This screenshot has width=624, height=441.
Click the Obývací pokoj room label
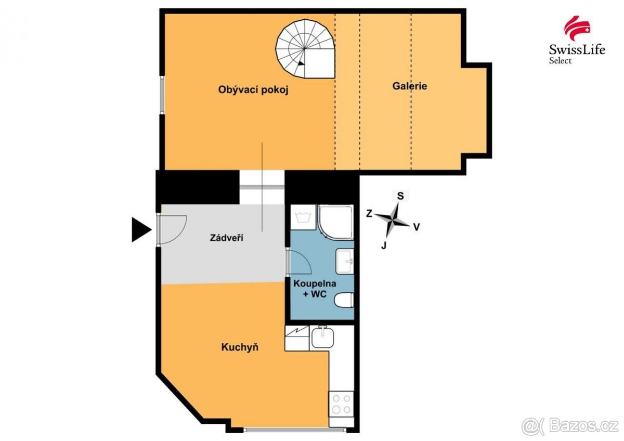pyautogui.click(x=253, y=89)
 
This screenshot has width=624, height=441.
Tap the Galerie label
pyautogui.click(x=409, y=86)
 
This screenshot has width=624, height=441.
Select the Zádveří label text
pyautogui.click(x=227, y=238)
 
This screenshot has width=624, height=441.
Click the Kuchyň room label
pyautogui.click(x=240, y=347)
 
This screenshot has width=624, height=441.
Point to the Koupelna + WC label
pyautogui.click(x=315, y=289)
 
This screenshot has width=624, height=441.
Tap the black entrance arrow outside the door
pyautogui.click(x=140, y=230)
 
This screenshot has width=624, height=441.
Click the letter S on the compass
pyautogui.click(x=400, y=196)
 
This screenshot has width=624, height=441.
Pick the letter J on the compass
pyautogui.click(x=384, y=245)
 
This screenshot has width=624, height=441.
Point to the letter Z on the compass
pyautogui.click(x=369, y=213)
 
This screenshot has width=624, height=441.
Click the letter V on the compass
pyautogui.click(x=416, y=227)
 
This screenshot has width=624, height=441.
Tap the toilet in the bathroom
pyautogui.click(x=345, y=300)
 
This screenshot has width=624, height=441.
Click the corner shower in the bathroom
pyautogui.click(x=336, y=222)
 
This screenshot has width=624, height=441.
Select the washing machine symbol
pyautogui.click(x=301, y=218)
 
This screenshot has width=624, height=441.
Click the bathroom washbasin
pyautogui.click(x=345, y=261)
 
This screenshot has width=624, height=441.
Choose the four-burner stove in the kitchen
pyautogui.click(x=341, y=403)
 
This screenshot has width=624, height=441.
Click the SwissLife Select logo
pyautogui.click(x=569, y=40)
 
